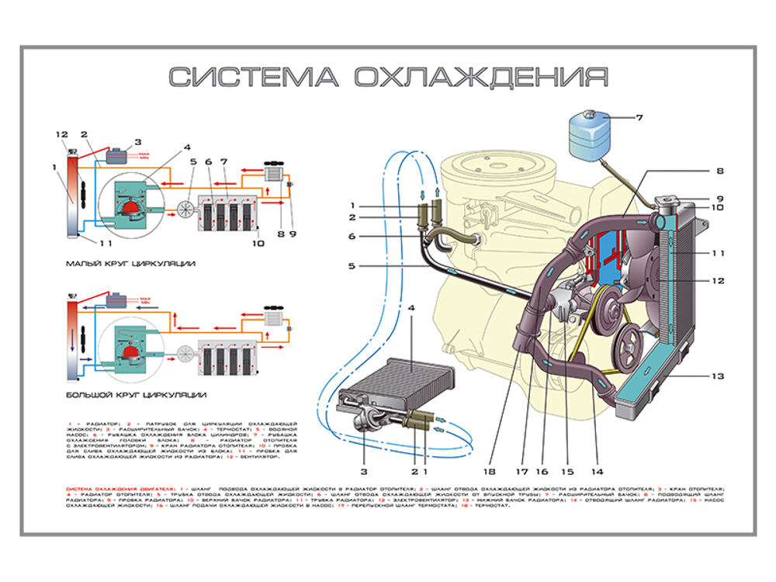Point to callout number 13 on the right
coord(718,376)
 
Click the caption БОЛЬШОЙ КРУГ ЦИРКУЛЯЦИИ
coord(135,395)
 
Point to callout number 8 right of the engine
coord(719,170)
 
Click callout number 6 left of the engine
coord(352,236)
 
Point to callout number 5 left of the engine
coord(352,265)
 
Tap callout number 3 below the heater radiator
coord(362,471)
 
